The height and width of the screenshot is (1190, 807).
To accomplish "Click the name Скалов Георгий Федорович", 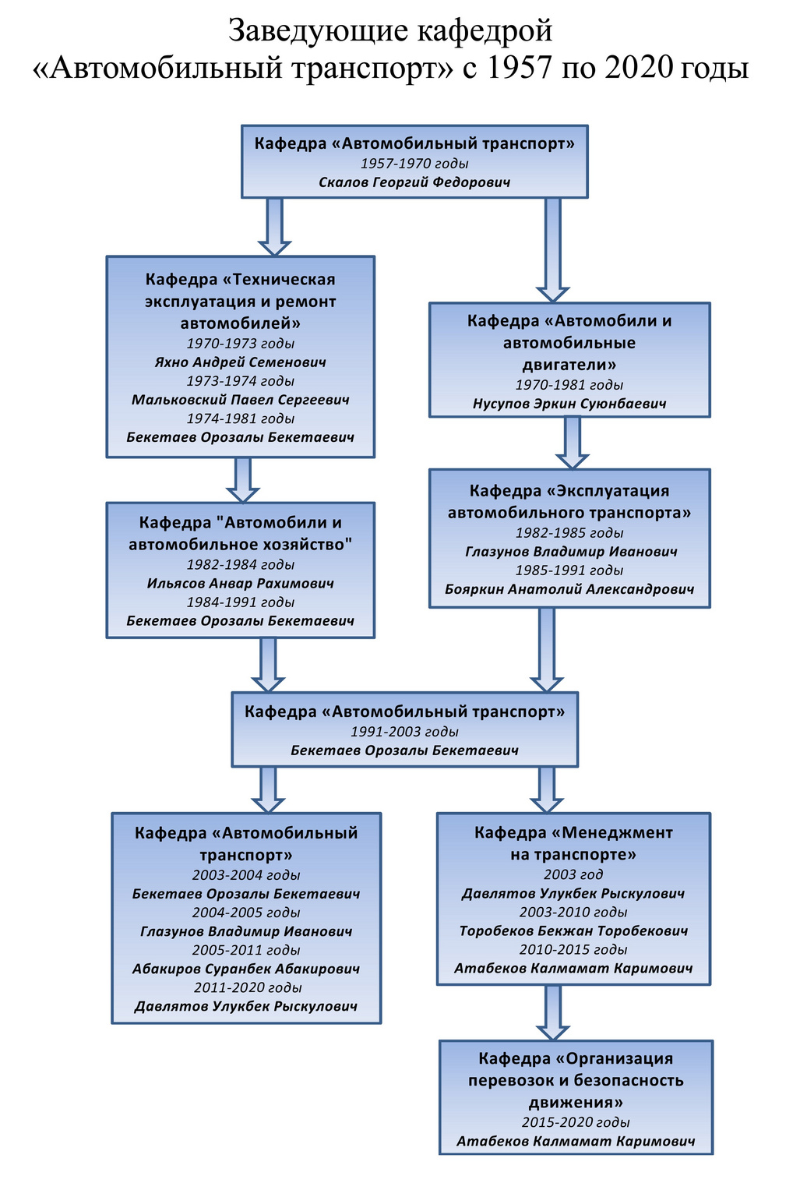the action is pyautogui.click(x=414, y=182).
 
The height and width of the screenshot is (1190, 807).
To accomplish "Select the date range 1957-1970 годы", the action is pyautogui.click(x=414, y=164).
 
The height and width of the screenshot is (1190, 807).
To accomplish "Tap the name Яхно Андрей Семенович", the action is pyautogui.click(x=241, y=362).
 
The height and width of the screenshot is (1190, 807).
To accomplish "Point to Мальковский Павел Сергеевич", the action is pyautogui.click(x=241, y=400).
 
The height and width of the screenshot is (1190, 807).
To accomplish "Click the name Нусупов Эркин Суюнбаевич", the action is pyautogui.click(x=569, y=404).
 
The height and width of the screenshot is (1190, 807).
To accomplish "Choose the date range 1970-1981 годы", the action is pyautogui.click(x=569, y=385).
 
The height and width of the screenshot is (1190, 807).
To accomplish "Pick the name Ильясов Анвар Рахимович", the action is pyautogui.click(x=241, y=584).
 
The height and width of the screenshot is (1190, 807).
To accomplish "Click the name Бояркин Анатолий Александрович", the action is pyautogui.click(x=569, y=589).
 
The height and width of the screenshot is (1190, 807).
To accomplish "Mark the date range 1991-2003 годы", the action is pyautogui.click(x=404, y=732).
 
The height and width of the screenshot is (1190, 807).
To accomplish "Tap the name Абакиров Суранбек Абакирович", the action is pyautogui.click(x=246, y=969).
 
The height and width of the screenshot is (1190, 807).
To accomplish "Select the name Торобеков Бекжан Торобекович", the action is pyautogui.click(x=574, y=930).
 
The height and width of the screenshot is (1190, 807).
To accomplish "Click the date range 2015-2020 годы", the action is pyautogui.click(x=576, y=1122).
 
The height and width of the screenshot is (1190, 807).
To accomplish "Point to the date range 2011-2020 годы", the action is pyautogui.click(x=248, y=987).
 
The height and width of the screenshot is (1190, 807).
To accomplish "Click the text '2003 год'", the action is pyautogui.click(x=573, y=874).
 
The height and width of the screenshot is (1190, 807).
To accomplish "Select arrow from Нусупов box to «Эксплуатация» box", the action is pyautogui.click(x=573, y=443).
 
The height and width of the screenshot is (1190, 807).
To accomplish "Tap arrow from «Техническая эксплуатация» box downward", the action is pyautogui.click(x=242, y=480).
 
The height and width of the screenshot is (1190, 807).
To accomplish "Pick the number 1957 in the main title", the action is pyautogui.click(x=519, y=68).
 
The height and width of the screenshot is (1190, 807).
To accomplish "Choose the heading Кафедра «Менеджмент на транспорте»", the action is pyautogui.click(x=573, y=843).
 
